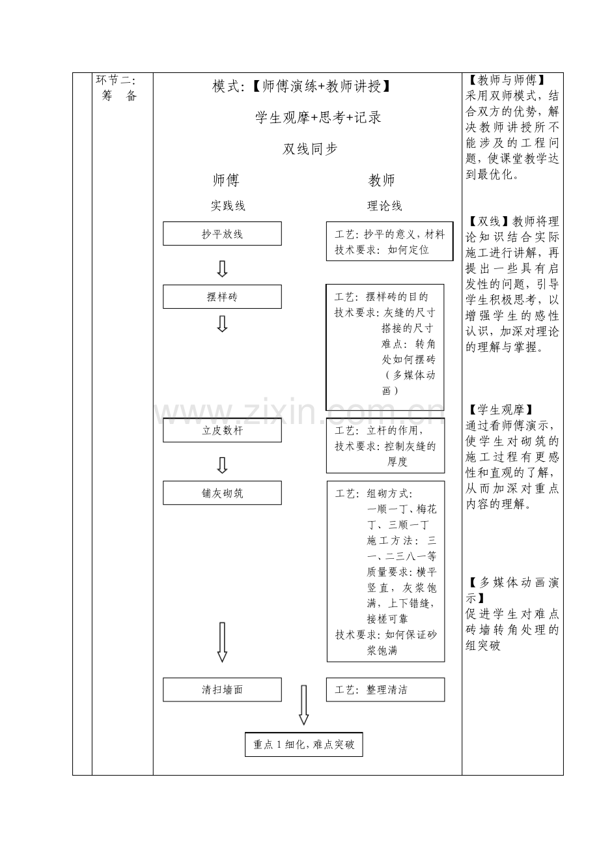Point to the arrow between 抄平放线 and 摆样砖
pyautogui.click(x=222, y=269)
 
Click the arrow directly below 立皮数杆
pyautogui.click(x=222, y=465)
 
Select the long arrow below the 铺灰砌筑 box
pyautogui.click(x=222, y=642)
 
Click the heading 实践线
pyautogui.click(x=228, y=206)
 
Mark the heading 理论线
pyautogui.click(x=384, y=206)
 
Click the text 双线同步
pyautogui.click(x=310, y=148)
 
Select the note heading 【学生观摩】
pyautogui.click(x=501, y=410)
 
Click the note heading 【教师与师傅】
pyautogui.click(x=507, y=80)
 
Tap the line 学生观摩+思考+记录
pyautogui.click(x=318, y=117)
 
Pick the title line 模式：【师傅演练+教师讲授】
pyautogui.click(x=301, y=87)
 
